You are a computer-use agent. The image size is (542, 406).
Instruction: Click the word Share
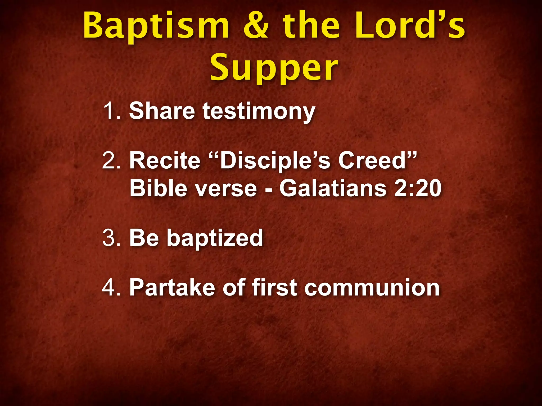coord(162,111)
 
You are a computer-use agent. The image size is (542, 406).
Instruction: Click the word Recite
coord(165,160)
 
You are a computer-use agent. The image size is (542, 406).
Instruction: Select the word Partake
coord(172,287)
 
